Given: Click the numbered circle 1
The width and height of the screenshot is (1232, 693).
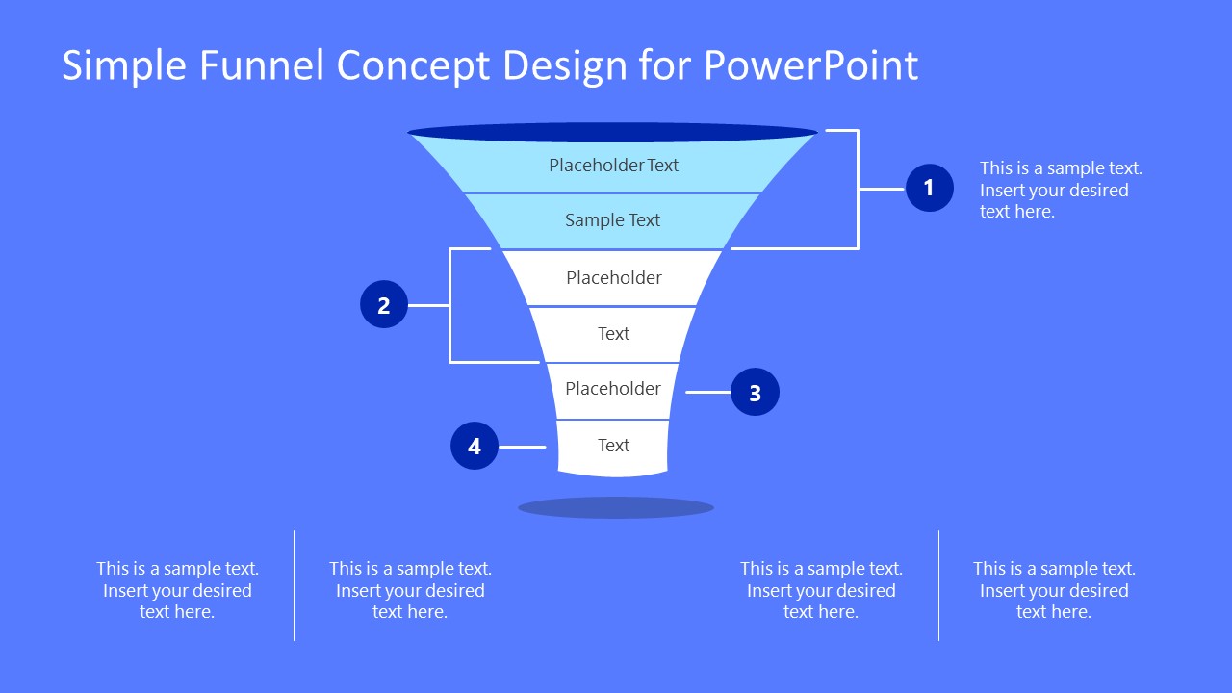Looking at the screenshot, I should click(929, 188).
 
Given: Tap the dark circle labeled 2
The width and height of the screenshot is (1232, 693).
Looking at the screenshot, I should click(384, 305).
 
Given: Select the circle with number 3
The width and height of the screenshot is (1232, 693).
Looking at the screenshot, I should click(755, 393).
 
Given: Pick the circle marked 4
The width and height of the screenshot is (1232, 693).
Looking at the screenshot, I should click(475, 447).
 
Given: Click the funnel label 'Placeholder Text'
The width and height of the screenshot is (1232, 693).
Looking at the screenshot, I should click(613, 166).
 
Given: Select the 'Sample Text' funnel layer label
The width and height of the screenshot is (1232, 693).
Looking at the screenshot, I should click(612, 220).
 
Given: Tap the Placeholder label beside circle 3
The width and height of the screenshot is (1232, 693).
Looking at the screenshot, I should click(613, 389).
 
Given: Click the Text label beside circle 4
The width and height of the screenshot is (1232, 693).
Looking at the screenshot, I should click(613, 446).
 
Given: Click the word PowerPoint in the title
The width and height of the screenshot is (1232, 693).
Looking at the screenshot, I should click(810, 65).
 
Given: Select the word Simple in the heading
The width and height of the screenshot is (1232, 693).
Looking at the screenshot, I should click(124, 65).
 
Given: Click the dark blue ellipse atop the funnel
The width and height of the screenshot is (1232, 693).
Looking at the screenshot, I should click(612, 133).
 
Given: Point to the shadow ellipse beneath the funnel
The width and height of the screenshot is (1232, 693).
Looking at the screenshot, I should click(616, 507).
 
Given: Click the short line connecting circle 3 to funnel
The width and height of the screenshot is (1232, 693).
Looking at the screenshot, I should click(707, 393).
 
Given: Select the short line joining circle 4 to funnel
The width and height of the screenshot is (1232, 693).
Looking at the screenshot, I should click(522, 447).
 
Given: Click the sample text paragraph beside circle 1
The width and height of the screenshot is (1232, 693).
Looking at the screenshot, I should click(1061, 190).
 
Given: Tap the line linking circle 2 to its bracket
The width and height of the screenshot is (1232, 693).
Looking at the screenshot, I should click(428, 305).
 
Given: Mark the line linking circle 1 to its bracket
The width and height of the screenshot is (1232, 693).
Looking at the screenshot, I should click(882, 189).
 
